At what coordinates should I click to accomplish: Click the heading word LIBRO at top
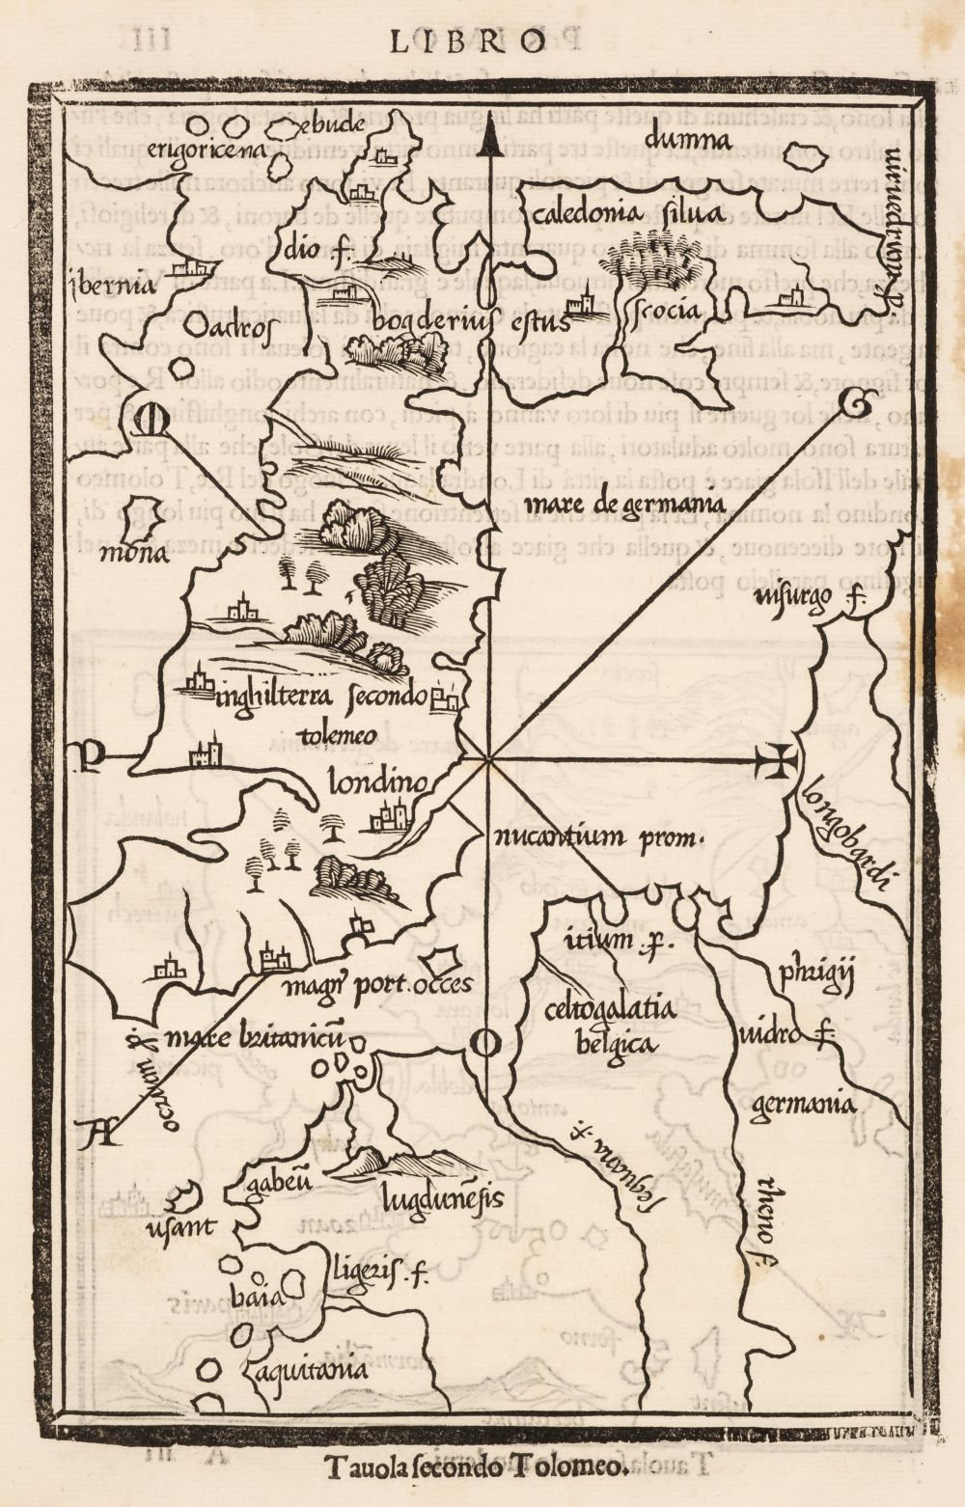point(468,40)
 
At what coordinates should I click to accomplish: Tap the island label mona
point(142,554)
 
